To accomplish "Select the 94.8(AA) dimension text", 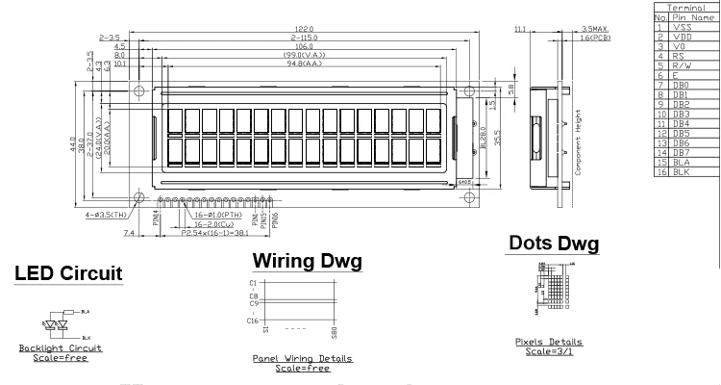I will [x=307, y=64].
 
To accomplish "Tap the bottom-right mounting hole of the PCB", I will [x=472, y=197].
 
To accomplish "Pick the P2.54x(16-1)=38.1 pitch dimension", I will [x=216, y=233].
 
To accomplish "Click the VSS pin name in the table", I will [x=684, y=27].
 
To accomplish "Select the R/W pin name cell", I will [x=684, y=65].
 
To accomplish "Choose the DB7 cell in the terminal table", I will [x=682, y=152].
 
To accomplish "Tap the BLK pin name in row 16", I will [x=682, y=171].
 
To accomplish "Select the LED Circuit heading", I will [x=68, y=274].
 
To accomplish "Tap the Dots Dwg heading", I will [x=553, y=244].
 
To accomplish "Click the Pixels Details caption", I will [x=549, y=342].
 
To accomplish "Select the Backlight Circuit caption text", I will [x=61, y=347].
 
